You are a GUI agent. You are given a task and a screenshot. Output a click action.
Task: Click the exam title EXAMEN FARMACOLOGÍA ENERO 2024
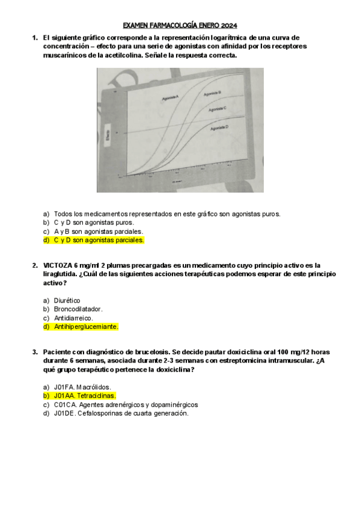coord(180,26)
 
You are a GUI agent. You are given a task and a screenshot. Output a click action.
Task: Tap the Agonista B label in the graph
coord(213,93)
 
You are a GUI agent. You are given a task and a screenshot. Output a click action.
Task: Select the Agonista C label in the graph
coord(217,109)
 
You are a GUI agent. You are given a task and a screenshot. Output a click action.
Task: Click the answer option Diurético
coord(67,301)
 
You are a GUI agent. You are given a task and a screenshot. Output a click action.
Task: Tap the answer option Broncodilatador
coord(78,309)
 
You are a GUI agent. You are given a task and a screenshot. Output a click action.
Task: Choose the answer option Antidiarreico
coord(73,318)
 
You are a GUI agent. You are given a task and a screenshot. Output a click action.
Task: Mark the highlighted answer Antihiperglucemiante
coord(86,327)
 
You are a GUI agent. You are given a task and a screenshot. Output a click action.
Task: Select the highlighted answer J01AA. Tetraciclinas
coord(84,396)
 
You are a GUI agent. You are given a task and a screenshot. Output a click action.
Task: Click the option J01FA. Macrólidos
coord(82,387)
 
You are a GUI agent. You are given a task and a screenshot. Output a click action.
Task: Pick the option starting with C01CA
coord(126,405)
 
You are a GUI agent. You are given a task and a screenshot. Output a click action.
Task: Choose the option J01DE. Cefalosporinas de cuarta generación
coord(121,413)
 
